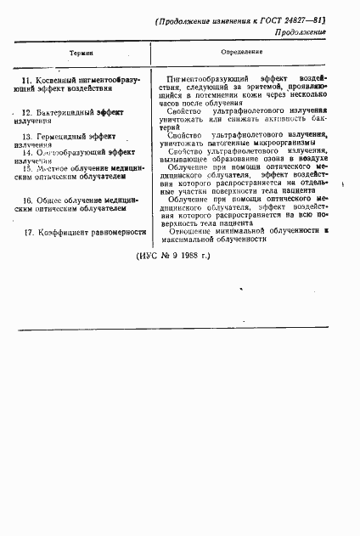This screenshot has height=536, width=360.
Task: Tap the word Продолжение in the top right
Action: (301, 31)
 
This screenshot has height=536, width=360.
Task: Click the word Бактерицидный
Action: (65, 112)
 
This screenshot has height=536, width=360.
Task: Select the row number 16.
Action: (27, 200)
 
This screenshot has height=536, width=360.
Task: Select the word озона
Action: (273, 159)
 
